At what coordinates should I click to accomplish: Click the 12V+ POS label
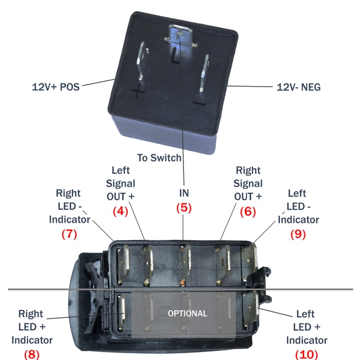tap(56, 87)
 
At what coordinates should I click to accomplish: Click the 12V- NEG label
tap(299, 87)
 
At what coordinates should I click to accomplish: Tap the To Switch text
tap(159, 157)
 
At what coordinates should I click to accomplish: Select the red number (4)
tap(120, 211)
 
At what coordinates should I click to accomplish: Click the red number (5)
tap(184, 208)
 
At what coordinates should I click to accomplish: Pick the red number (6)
tap(248, 211)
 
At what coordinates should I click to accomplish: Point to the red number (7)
tap(69, 234)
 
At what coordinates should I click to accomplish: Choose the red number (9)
tap(298, 234)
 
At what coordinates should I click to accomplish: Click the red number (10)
tap(307, 354)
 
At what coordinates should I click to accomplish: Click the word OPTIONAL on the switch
tap(187, 313)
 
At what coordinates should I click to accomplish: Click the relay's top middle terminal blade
tap(179, 35)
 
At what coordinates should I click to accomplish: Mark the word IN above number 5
tap(184, 193)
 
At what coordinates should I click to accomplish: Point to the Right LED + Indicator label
tap(32, 327)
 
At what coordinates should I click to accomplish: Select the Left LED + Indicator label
tap(307, 327)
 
